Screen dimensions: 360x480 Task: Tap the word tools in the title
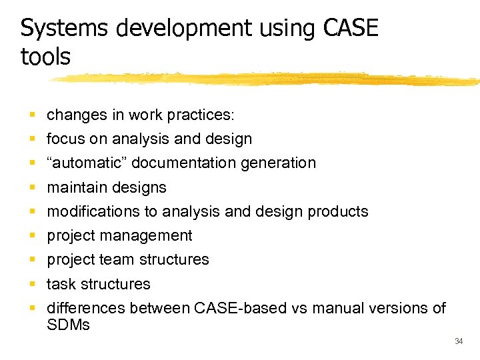(x=45, y=57)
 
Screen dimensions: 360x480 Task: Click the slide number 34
(x=458, y=341)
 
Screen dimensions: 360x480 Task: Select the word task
(x=60, y=284)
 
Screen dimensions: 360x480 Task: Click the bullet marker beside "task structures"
(x=33, y=284)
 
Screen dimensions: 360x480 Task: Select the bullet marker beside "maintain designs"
(x=33, y=187)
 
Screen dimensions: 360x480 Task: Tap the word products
(x=338, y=211)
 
